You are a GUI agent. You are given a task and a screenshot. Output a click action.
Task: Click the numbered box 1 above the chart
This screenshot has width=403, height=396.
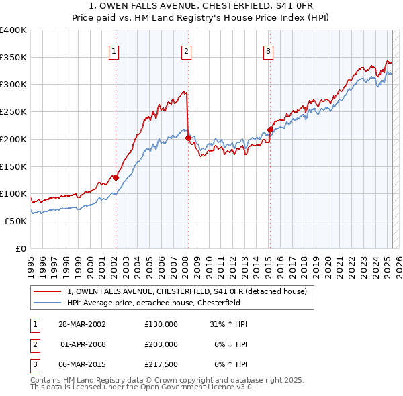114,50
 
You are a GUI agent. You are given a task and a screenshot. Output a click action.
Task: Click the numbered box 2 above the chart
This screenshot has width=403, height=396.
186,50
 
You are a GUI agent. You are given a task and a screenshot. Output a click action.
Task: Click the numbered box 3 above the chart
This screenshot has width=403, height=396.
268,50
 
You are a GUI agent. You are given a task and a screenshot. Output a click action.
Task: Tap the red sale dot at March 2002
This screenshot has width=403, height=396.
116,178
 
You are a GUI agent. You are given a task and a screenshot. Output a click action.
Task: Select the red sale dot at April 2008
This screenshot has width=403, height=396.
188,138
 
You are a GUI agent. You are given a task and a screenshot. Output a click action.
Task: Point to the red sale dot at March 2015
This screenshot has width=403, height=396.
270,130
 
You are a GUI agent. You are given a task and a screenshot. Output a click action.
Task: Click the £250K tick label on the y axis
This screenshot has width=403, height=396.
13,112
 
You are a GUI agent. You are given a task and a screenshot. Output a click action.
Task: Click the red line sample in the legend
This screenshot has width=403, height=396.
48,291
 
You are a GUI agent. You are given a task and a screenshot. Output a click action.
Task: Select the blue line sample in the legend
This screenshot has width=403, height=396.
48,303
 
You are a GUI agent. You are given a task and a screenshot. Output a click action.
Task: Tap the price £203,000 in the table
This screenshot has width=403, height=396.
161,344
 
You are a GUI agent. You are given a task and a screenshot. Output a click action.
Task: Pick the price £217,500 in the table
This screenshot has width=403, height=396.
161,364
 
